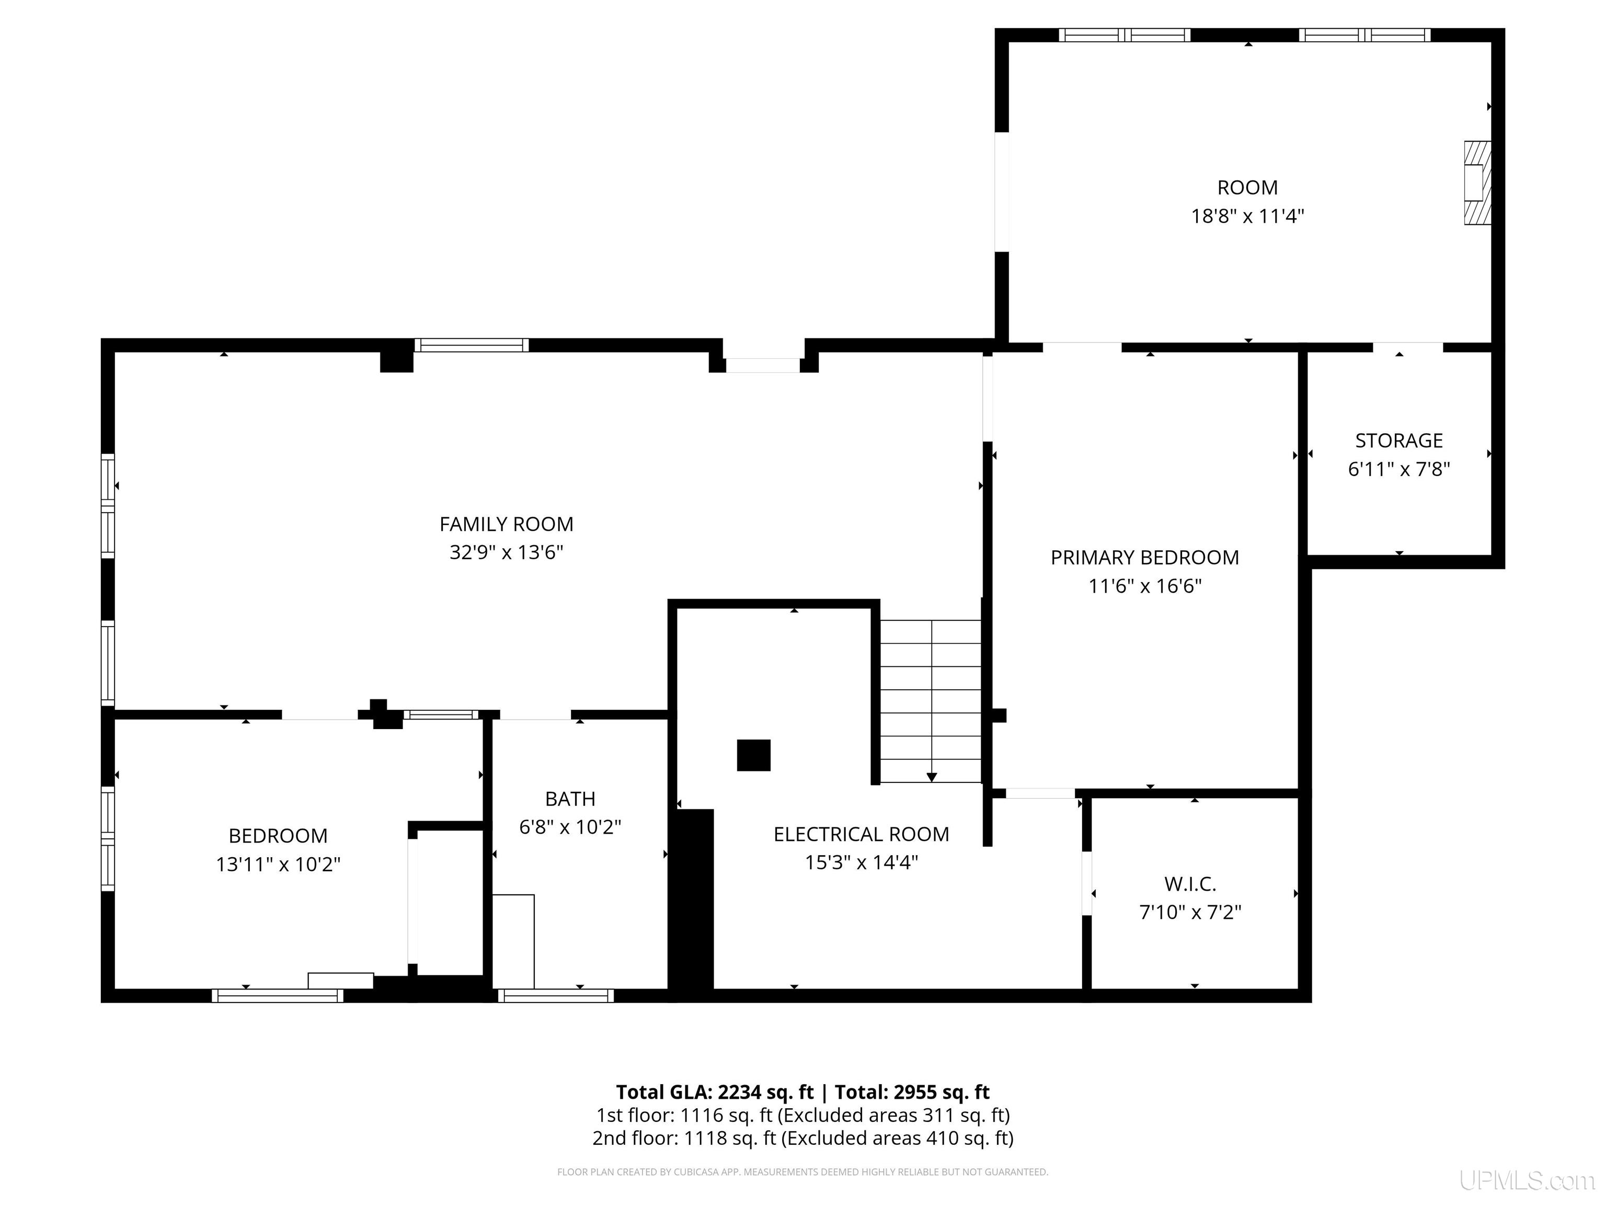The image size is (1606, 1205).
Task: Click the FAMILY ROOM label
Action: coord(506,524)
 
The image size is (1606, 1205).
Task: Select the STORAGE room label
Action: coord(1398,440)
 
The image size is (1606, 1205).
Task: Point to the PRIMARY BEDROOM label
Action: coord(1144,557)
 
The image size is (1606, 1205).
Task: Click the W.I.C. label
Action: coord(1190,883)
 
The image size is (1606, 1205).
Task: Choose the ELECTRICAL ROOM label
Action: coord(861,834)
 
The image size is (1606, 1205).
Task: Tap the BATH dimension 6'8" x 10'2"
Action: coord(570,826)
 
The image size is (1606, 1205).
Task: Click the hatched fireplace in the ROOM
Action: coord(1476,183)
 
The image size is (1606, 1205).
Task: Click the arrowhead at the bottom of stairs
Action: coord(932,777)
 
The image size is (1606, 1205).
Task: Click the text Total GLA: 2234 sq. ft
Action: coord(715,1092)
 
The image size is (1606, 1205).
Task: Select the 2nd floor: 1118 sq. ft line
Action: coord(802,1138)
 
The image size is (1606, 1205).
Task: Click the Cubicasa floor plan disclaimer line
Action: coord(802,1172)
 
